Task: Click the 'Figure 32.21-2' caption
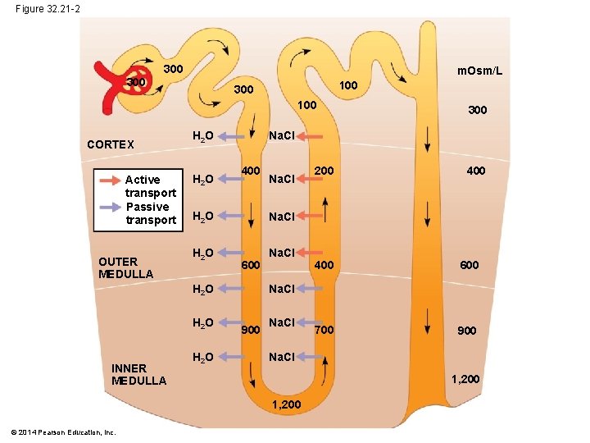[x=48, y=9]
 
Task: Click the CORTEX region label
[x=111, y=144]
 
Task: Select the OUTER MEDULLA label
[x=125, y=267]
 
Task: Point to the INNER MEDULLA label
[x=138, y=374]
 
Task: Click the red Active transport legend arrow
[x=109, y=180]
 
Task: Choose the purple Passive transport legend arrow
[x=109, y=206]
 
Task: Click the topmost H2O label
[x=202, y=135]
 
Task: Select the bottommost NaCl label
[x=283, y=357]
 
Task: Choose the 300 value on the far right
[x=476, y=109]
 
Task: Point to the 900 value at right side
[x=465, y=331]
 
